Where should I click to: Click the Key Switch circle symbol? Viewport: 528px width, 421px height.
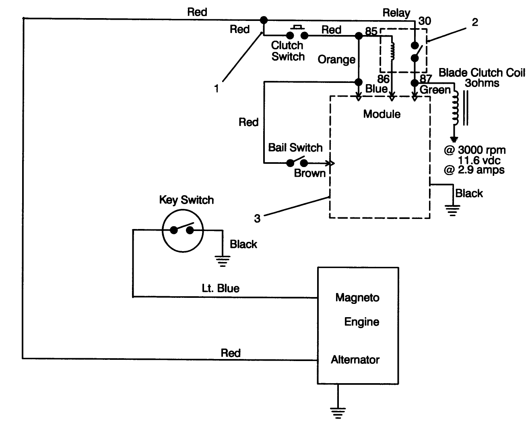click(x=183, y=231)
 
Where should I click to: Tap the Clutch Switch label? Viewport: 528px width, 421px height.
click(x=287, y=51)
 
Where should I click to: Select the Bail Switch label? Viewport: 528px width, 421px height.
click(x=295, y=147)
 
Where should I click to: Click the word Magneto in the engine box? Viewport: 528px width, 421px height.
click(x=357, y=297)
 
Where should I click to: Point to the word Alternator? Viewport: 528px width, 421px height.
click(x=355, y=359)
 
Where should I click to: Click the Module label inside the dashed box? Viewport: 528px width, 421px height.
click(x=382, y=114)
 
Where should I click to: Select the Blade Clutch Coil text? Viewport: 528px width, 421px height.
click(x=481, y=72)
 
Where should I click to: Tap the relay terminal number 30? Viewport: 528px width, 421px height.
click(x=424, y=21)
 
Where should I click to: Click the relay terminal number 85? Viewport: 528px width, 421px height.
click(x=371, y=31)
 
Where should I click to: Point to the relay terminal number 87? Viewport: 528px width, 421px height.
click(x=425, y=78)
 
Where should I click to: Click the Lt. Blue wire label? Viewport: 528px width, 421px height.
click(x=220, y=288)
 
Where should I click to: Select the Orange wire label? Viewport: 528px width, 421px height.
click(x=336, y=60)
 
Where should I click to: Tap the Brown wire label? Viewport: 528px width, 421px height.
click(x=309, y=173)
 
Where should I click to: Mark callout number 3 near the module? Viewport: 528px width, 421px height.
click(x=257, y=219)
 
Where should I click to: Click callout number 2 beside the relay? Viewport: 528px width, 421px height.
click(x=475, y=22)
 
